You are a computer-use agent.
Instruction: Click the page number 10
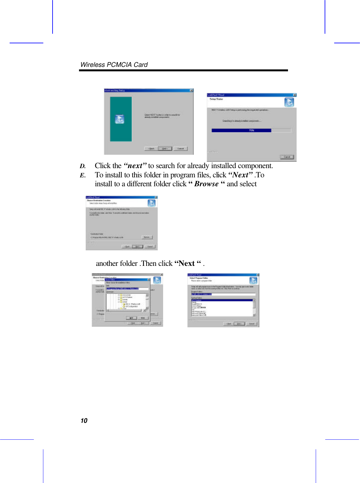pos(84,421)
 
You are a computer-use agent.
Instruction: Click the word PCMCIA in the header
pos(119,65)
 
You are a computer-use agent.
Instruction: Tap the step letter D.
pos(83,166)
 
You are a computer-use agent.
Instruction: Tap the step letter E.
pos(82,175)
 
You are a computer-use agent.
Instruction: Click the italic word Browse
pos(206,184)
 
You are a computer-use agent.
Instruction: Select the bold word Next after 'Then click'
pos(187,263)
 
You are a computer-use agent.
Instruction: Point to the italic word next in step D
pos(135,166)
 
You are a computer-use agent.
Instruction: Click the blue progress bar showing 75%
pos(241,130)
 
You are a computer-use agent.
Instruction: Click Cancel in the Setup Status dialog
pos(287,157)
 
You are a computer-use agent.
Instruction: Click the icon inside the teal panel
pos(119,119)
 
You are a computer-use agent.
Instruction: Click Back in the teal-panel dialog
pos(151,149)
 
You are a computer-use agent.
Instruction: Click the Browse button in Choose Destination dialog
pos(147,237)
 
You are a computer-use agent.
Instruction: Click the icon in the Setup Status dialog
pos(289,102)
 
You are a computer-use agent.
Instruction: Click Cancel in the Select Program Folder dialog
pos(251,323)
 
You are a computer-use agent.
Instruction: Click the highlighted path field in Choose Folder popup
pos(123,289)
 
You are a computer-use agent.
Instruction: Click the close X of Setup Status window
pos(294,95)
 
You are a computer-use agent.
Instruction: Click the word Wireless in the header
pos(93,65)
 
